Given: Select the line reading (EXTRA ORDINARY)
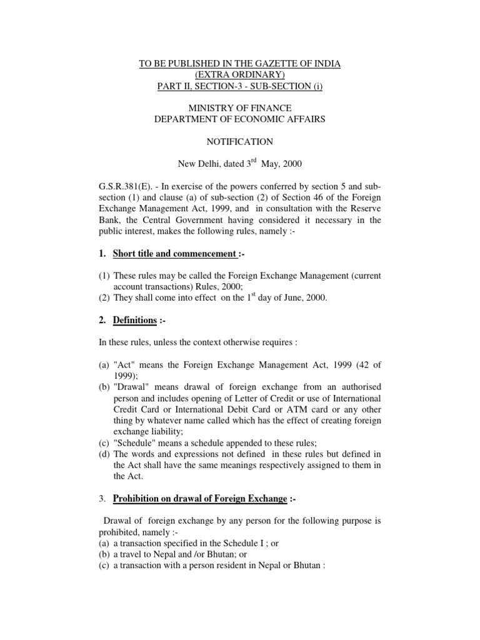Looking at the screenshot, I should tap(240, 75).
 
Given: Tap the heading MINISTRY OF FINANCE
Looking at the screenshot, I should tap(240, 109).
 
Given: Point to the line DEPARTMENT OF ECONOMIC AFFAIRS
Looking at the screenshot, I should tap(240, 119).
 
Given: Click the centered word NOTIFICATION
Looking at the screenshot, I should tap(240, 142).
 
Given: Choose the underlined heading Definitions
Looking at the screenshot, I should tap(134, 321).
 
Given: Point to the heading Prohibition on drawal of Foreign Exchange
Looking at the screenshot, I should tap(200, 499).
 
